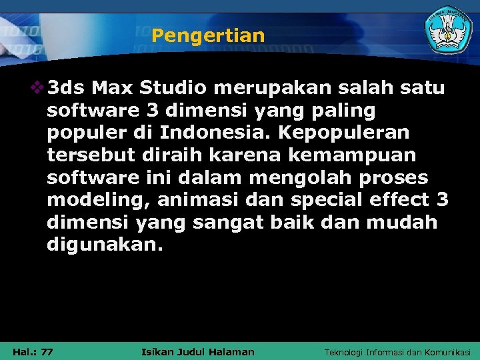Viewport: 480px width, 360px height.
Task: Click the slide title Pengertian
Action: [208, 35]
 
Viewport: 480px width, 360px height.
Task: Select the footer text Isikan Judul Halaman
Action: [199, 351]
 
